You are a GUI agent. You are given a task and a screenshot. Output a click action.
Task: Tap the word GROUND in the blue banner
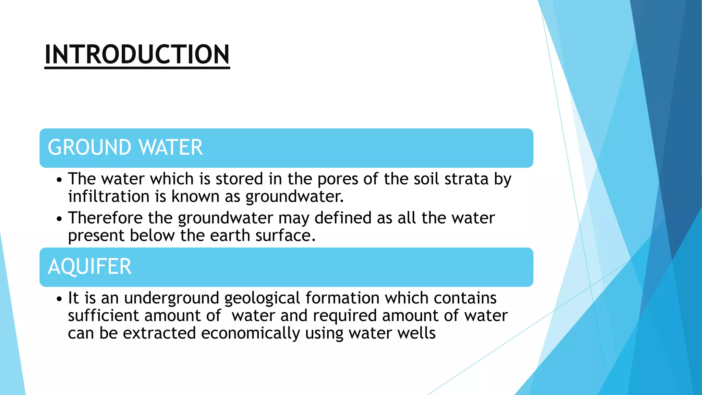pyautogui.click(x=89, y=147)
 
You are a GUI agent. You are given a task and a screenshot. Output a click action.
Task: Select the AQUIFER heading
pyautogui.click(x=89, y=266)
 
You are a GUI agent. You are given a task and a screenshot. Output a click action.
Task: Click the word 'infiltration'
pyautogui.click(x=109, y=196)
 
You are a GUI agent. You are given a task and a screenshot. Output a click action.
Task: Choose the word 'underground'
pyautogui.click(x=171, y=298)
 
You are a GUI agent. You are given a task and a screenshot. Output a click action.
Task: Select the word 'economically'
pyautogui.click(x=250, y=333)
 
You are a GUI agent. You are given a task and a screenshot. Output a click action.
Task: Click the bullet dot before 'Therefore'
pyautogui.click(x=60, y=219)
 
